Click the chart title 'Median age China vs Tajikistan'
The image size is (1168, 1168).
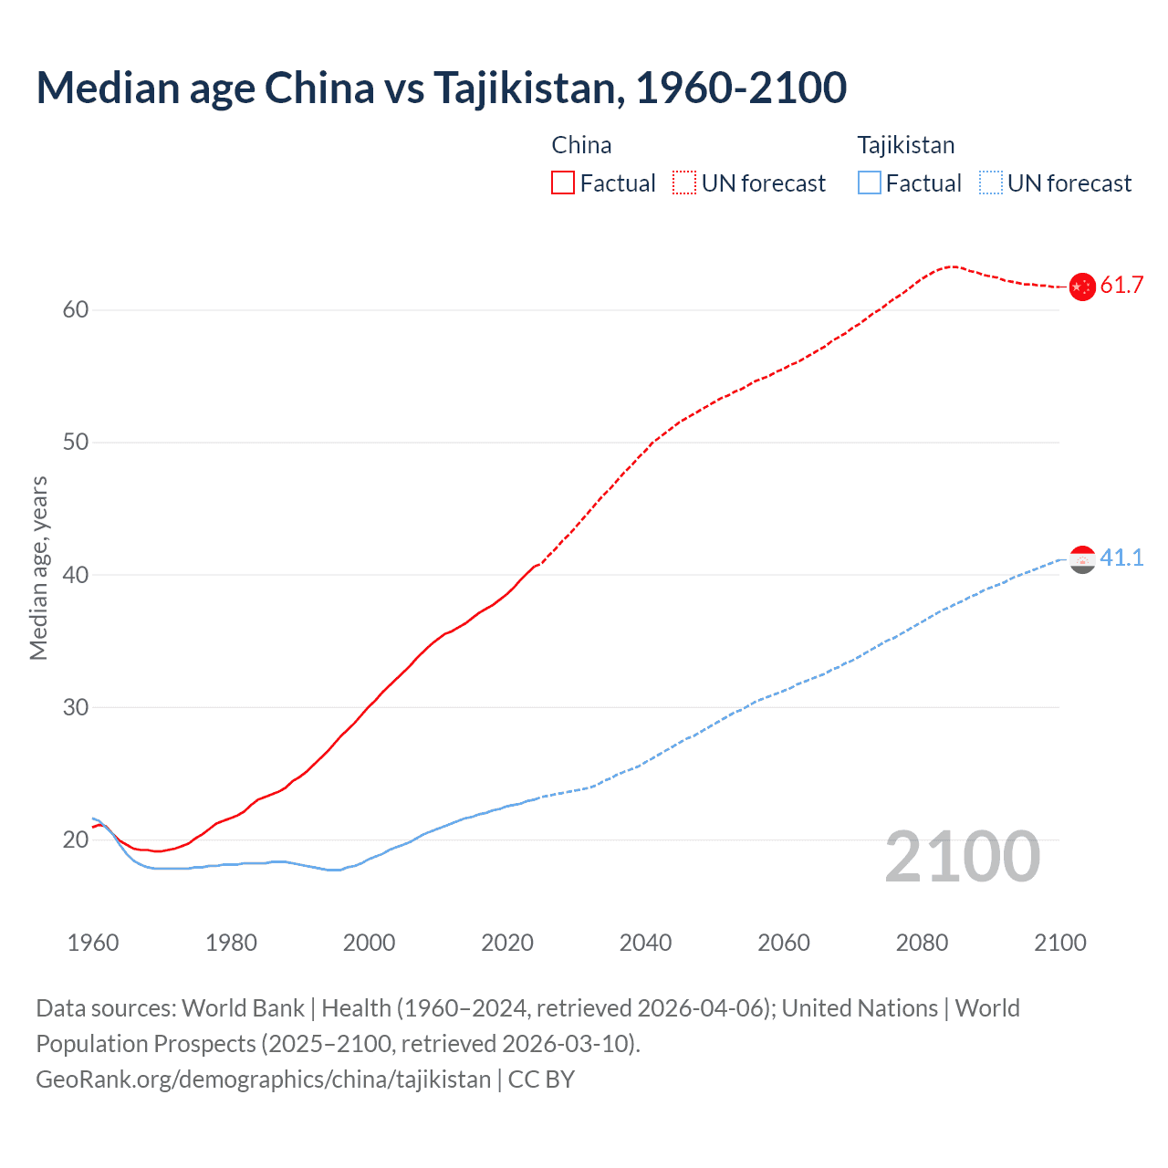click(x=441, y=89)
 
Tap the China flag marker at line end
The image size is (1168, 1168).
click(x=1081, y=287)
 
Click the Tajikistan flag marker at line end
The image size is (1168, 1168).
click(x=1081, y=559)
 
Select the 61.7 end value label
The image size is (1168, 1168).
click(x=1121, y=286)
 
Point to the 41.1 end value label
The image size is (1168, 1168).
click(x=1121, y=558)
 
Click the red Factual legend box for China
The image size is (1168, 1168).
click(x=563, y=183)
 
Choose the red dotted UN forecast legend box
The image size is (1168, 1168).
click(x=684, y=183)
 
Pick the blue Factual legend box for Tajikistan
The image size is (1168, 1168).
click(x=870, y=183)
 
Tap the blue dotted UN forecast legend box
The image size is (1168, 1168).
click(x=991, y=183)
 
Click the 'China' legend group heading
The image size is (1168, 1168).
click(x=581, y=145)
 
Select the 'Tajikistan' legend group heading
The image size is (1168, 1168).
click(x=905, y=145)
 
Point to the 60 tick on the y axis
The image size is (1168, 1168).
click(x=76, y=310)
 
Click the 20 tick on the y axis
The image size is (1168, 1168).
click(x=76, y=839)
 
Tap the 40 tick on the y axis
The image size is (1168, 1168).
click(x=76, y=575)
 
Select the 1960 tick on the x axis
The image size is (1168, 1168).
click(x=93, y=943)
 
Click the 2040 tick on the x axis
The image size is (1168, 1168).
click(x=645, y=943)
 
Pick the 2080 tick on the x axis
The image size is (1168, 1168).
click(x=922, y=943)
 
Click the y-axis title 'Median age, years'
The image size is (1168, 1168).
click(x=38, y=568)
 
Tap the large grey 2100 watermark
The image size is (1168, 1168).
click(x=962, y=857)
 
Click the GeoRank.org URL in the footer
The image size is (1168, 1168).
click(x=263, y=1079)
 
